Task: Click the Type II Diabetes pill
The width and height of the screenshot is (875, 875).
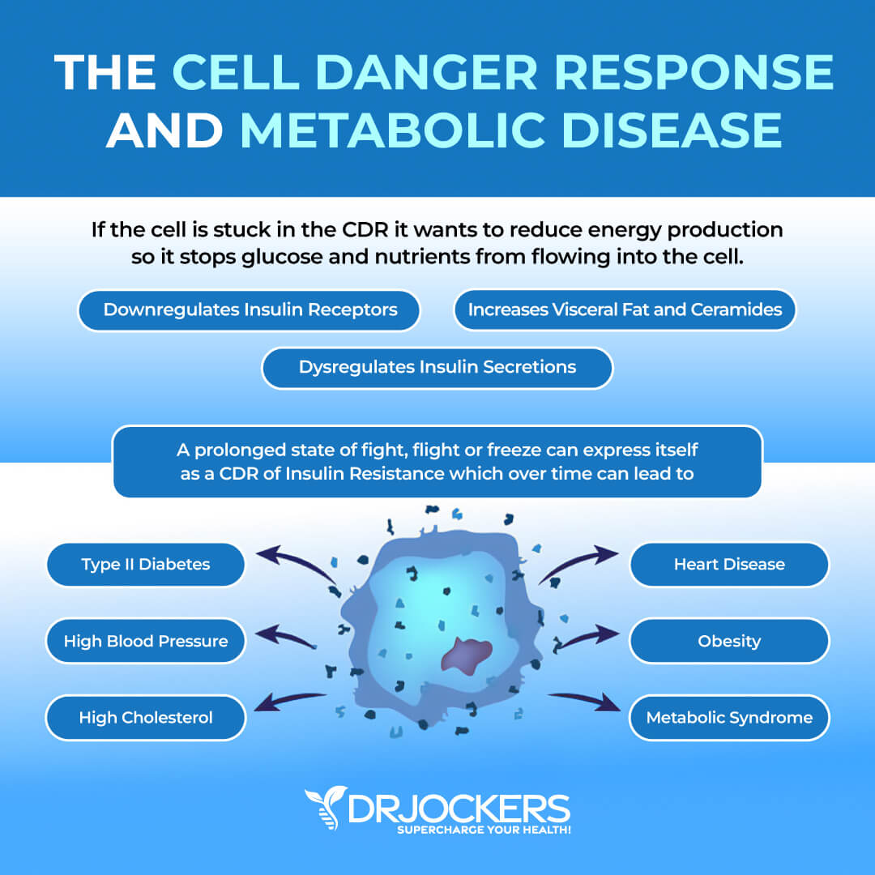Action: click(146, 564)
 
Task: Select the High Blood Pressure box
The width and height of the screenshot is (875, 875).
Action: click(146, 641)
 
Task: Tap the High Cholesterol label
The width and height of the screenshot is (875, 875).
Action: click(146, 717)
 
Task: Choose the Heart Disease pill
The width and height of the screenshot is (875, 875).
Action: click(729, 564)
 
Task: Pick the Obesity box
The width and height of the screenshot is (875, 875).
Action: click(729, 641)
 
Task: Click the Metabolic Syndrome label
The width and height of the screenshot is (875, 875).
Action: click(729, 717)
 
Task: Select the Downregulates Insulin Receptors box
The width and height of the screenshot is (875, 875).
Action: click(250, 310)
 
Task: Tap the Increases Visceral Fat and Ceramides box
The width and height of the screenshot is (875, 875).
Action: click(625, 309)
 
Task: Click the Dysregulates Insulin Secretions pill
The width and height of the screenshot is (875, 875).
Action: click(437, 367)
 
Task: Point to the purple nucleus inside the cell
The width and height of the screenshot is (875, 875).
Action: click(467, 655)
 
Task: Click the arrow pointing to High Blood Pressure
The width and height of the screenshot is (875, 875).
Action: click(284, 636)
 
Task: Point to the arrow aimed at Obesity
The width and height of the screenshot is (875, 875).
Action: click(587, 638)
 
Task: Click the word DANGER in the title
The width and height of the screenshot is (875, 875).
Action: click(426, 73)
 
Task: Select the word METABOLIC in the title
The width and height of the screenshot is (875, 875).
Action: click(393, 130)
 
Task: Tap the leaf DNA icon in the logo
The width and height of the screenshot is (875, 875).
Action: click(326, 807)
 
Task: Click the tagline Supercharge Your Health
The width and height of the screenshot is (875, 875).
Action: click(484, 830)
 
